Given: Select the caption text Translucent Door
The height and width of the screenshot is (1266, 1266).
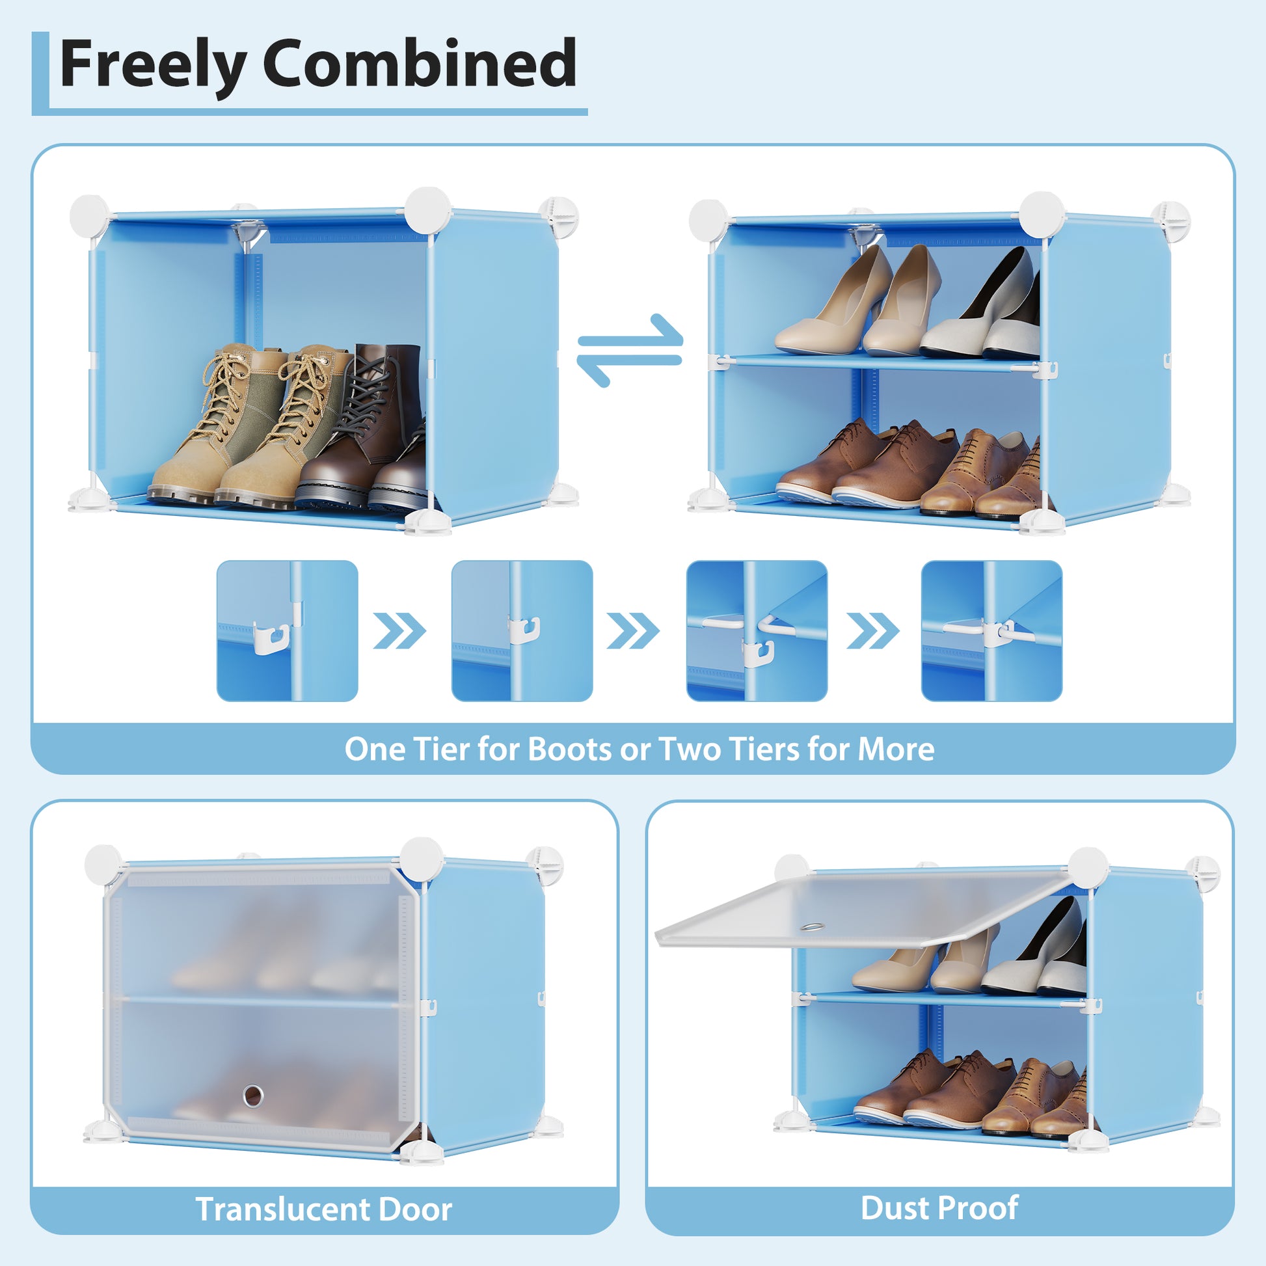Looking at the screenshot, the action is (x=324, y=1209).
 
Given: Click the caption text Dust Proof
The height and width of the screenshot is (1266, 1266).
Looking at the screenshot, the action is (x=939, y=1207).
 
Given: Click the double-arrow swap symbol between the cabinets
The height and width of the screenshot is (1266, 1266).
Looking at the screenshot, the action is (x=630, y=350).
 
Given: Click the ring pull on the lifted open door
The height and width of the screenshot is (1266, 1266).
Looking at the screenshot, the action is (x=813, y=928).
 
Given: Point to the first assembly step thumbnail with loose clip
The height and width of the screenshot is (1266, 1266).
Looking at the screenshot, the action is (x=287, y=630).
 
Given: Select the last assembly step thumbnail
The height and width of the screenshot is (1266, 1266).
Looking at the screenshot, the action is (x=991, y=630).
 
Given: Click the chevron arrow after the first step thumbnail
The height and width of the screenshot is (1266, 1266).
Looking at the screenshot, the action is (x=399, y=631).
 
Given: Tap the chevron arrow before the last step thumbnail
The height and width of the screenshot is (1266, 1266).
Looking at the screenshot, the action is (x=873, y=631).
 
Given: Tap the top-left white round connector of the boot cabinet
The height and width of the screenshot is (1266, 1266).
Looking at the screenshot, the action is (x=90, y=216).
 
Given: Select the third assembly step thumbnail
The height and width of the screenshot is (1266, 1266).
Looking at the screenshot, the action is (x=757, y=630).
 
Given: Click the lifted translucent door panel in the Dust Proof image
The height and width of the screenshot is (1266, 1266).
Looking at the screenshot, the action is (x=852, y=909).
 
